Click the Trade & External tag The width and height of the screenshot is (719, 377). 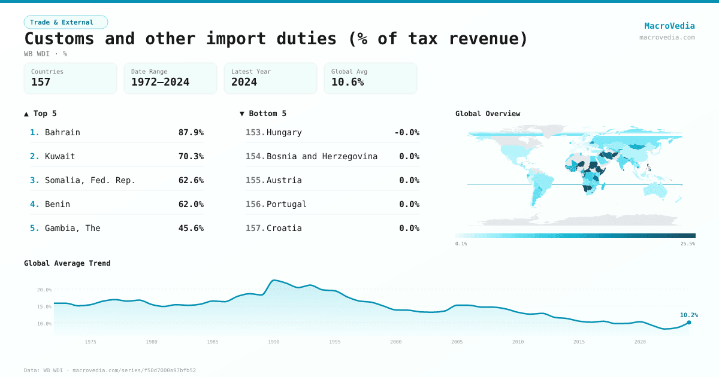pos(65,22)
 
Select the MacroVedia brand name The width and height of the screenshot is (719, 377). pos(669,26)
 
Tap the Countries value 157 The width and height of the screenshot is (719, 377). pos(41,82)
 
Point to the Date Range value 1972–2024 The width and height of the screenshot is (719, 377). pos(160,82)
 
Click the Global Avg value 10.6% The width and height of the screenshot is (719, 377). pos(348,82)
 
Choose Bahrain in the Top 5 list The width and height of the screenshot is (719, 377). pos(62,132)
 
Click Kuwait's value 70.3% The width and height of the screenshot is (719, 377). pos(191,156)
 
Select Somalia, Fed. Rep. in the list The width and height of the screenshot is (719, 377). pos(90,180)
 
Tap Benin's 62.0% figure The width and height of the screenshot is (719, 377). pos(191,204)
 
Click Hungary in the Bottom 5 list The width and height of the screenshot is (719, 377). pos(284,132)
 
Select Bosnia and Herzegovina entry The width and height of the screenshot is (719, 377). pos(322,156)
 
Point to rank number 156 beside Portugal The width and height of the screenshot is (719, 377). pos(255,204)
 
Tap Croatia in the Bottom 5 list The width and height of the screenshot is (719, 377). pos(284,228)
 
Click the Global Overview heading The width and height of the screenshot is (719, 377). pos(488,114)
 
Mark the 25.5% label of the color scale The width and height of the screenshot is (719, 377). pos(687,244)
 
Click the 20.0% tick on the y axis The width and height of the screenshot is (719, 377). pos(44,290)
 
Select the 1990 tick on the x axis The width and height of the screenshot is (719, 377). pos(274,342)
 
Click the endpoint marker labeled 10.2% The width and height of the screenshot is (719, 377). pos(688,323)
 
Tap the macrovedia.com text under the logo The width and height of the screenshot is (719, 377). pos(667,37)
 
